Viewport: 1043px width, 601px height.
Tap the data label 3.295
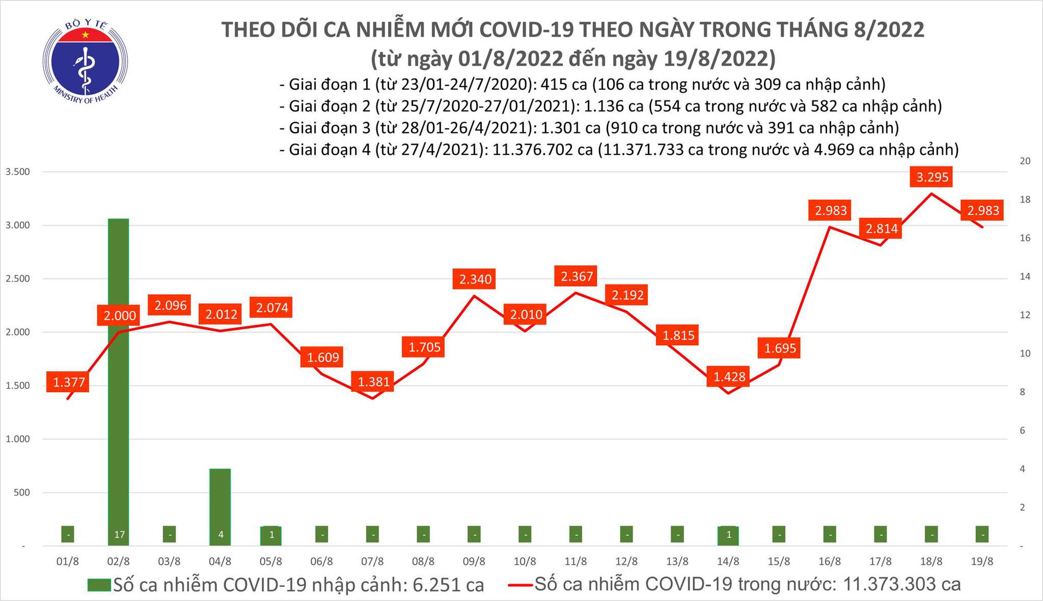[932, 177]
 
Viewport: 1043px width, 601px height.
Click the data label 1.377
[68, 382]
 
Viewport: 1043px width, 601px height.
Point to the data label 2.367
[577, 276]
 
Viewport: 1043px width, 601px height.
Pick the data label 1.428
[729, 377]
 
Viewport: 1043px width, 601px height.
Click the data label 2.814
[881, 229]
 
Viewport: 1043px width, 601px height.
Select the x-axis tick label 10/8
[525, 562]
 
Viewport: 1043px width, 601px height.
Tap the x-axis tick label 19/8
[982, 562]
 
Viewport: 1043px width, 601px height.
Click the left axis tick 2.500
[17, 279]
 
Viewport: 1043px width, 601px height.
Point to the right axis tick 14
[1025, 277]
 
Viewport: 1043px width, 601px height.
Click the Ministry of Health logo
[85, 62]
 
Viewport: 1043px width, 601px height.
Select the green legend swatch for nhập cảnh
[99, 585]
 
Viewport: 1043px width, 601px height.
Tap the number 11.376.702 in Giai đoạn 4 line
[542, 150]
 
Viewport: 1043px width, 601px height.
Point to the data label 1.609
[323, 357]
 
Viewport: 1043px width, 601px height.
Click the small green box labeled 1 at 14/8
[729, 535]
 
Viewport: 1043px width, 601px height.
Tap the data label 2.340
[475, 279]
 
